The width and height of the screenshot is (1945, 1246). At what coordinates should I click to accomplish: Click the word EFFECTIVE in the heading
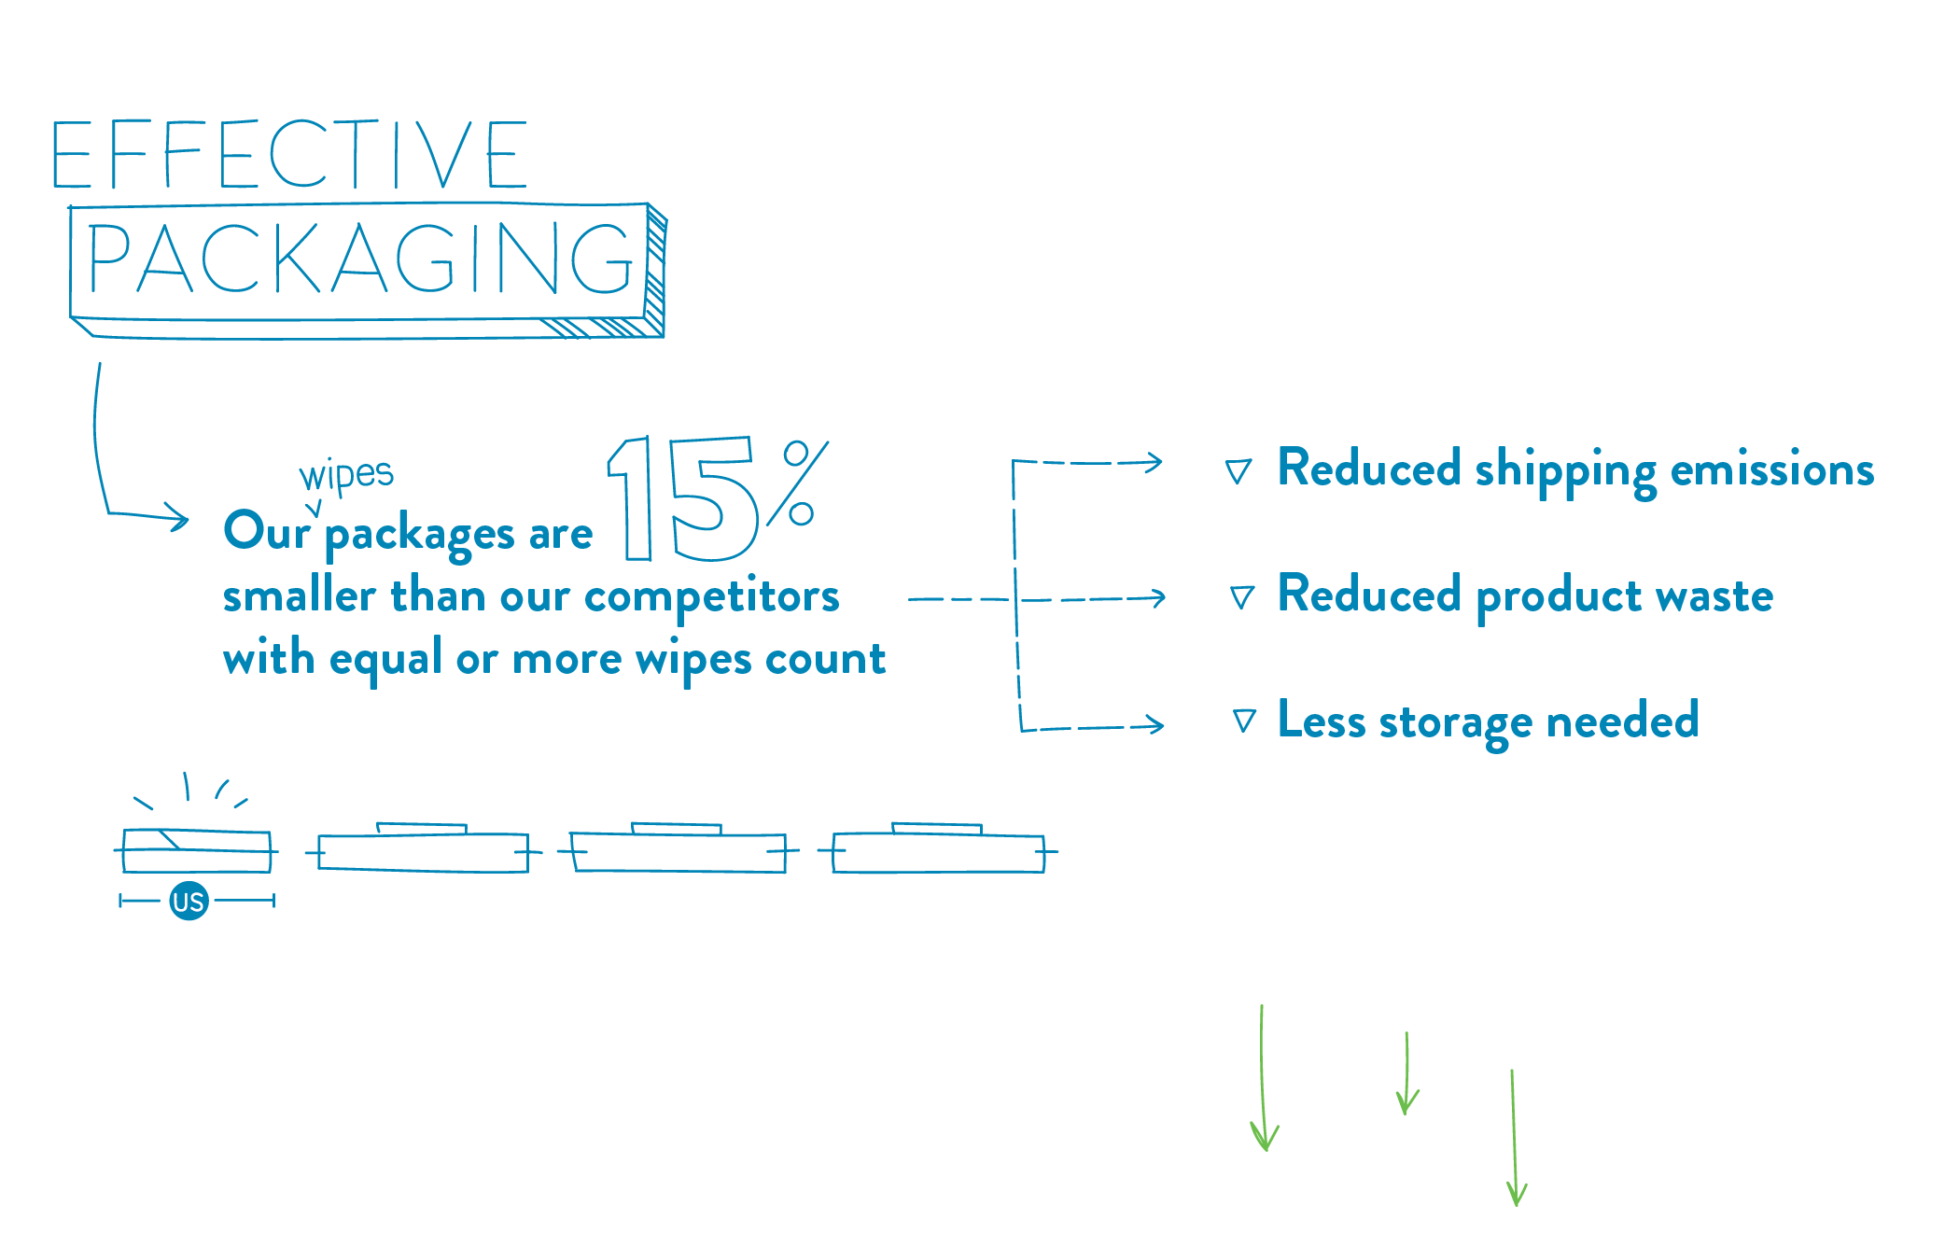tap(289, 154)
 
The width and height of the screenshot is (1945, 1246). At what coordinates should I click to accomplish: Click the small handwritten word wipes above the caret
tap(346, 474)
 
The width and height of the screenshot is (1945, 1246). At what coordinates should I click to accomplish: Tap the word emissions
tap(1771, 469)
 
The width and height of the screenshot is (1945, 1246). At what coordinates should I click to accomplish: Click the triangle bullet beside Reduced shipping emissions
tap(1238, 471)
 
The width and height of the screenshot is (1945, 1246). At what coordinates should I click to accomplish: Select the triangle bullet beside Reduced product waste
tap(1242, 597)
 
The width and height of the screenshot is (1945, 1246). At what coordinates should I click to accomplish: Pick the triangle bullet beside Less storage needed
tap(1244, 721)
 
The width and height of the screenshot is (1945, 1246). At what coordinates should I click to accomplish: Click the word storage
tap(1455, 722)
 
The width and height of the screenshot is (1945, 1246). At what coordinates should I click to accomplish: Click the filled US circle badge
tap(189, 902)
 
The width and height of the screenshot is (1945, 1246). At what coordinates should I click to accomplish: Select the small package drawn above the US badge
tap(197, 850)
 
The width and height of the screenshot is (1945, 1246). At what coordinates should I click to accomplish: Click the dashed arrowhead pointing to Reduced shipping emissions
tap(1155, 462)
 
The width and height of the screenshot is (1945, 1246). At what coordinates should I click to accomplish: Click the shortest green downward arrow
tap(1406, 1073)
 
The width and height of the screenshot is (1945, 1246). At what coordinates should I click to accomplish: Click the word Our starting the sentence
tap(266, 531)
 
